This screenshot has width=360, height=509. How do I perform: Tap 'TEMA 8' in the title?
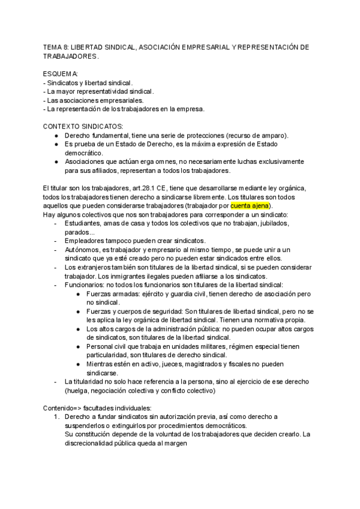tap(56, 47)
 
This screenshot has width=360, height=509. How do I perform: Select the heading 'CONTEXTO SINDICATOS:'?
tap(83, 127)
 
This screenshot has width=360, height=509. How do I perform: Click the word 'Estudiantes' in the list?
tap(84, 223)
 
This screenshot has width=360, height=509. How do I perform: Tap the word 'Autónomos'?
tap(85, 250)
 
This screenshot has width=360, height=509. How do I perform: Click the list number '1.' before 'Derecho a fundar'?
tap(57, 417)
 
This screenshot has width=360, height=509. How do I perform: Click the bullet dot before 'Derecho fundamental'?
tap(56, 136)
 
